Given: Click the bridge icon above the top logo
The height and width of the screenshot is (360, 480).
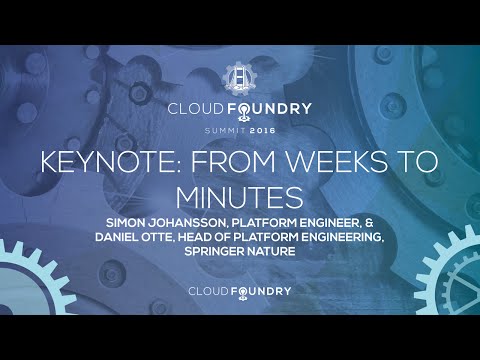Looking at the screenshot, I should click(x=240, y=80).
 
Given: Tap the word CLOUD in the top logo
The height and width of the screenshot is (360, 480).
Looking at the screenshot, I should click(x=198, y=109).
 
